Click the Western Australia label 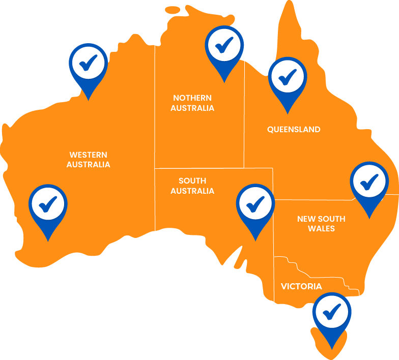click(88, 159)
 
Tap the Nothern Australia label click(192, 103)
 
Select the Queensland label click(294, 129)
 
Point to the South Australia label click(192, 186)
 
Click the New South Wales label click(321, 224)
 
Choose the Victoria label click(301, 287)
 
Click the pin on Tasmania click(332, 315)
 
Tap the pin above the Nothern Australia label click(224, 49)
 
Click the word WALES click(321, 229)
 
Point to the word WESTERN click(88, 155)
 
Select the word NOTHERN click(192, 98)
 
